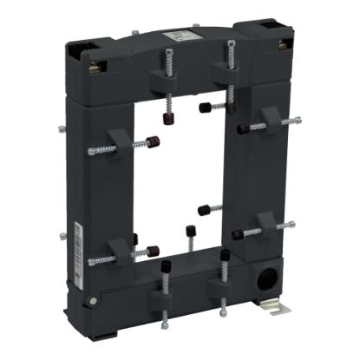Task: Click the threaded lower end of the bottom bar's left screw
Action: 164,325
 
